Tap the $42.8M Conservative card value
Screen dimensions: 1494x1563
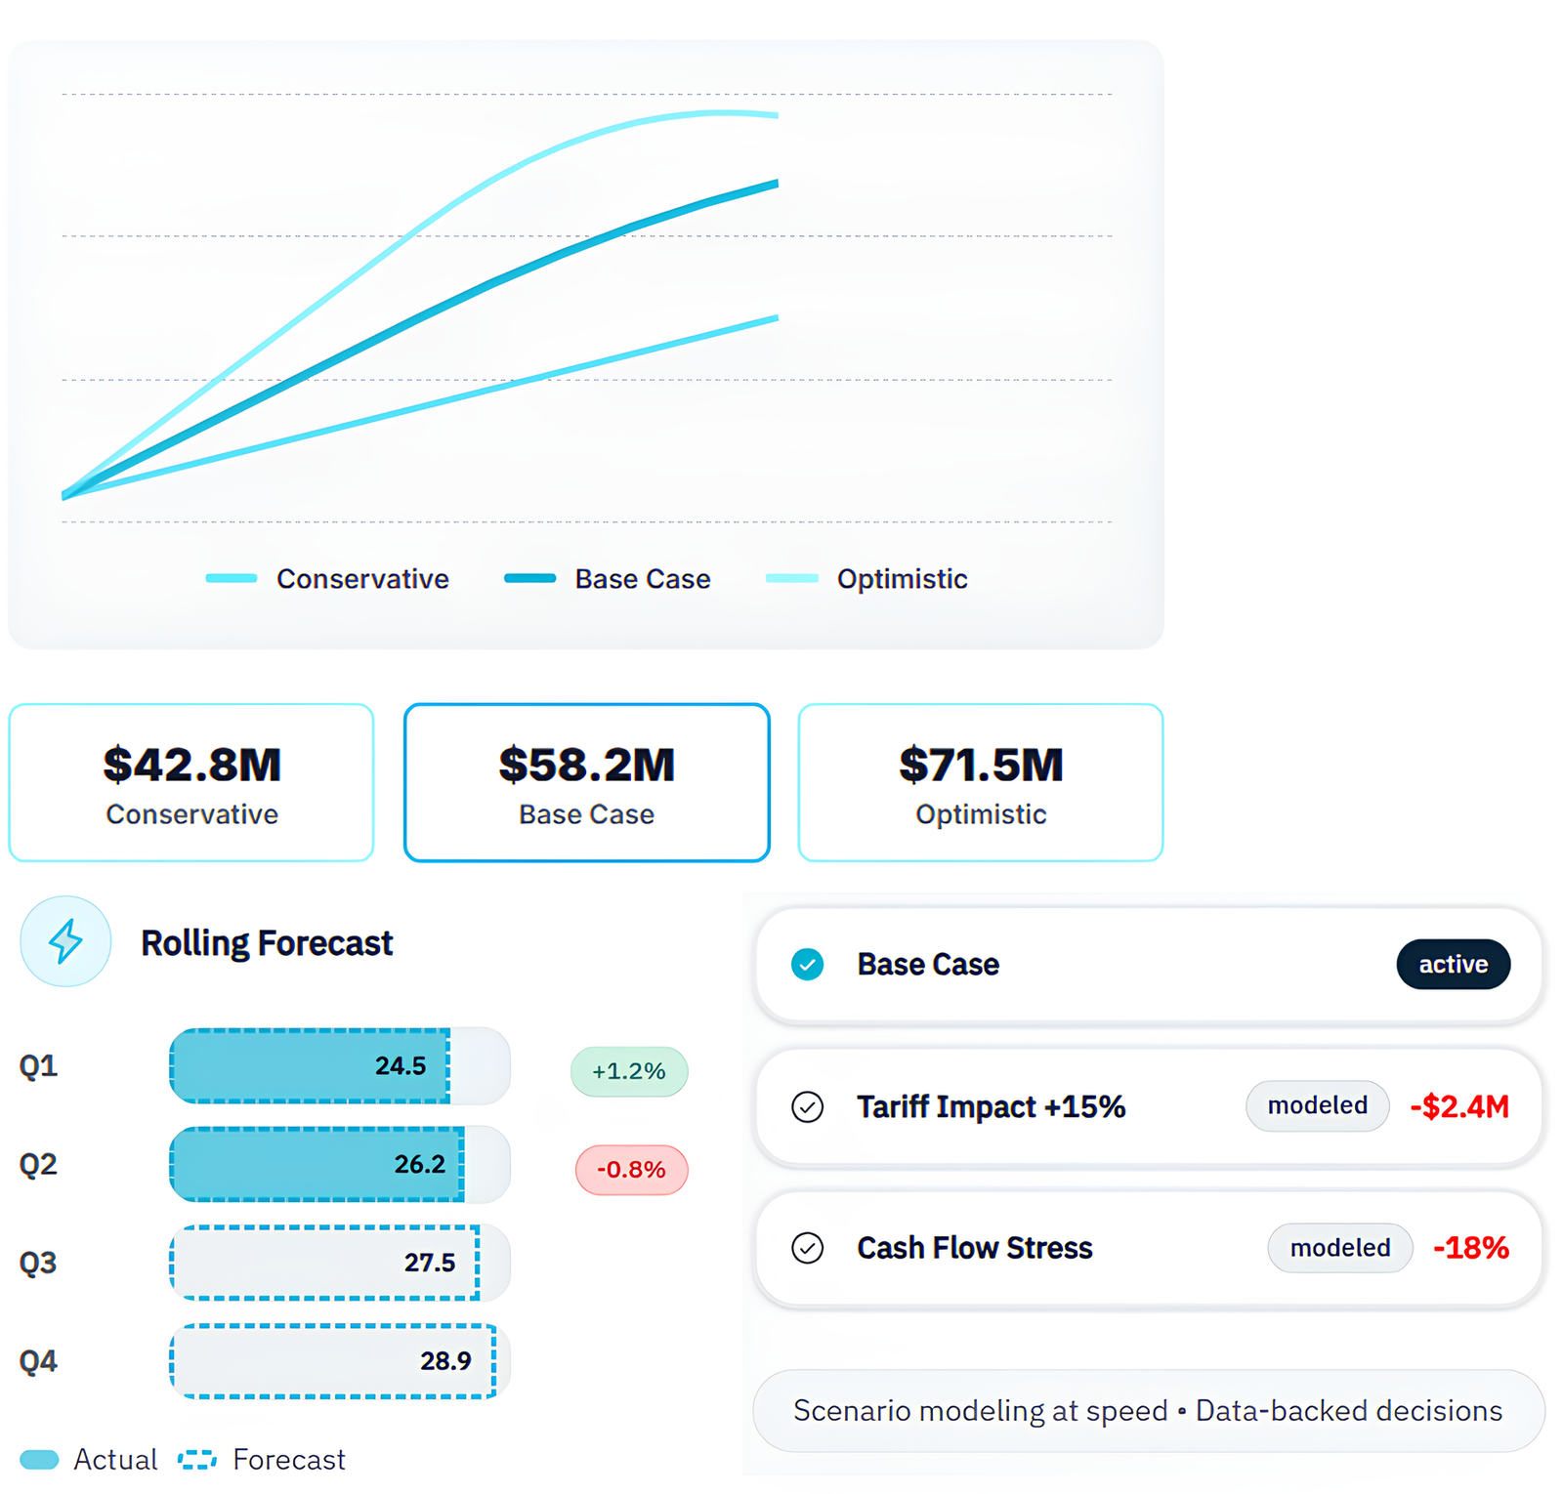[x=192, y=765]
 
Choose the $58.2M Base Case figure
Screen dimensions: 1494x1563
[x=586, y=765]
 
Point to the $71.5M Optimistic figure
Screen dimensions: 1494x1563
[x=981, y=765]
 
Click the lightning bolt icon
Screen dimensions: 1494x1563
[x=65, y=941]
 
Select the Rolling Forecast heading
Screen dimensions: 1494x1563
[x=267, y=943]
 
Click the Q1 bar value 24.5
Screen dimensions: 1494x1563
[x=401, y=1065]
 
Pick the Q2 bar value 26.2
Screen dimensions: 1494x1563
[x=420, y=1164]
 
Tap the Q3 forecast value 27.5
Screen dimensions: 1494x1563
[x=430, y=1263]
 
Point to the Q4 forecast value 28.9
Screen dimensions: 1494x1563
[x=445, y=1361]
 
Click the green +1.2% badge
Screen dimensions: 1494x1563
[x=629, y=1071]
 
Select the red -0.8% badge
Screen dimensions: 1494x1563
[x=631, y=1170]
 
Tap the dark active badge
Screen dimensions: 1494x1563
[x=1453, y=965]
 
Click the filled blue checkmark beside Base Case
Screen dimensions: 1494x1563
[x=807, y=965]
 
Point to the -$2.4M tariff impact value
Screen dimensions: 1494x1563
[x=1459, y=1106]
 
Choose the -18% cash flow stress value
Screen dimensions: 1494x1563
[x=1471, y=1248]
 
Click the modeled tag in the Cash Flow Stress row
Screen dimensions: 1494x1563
[x=1340, y=1248]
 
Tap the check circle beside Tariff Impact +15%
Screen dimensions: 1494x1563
[x=807, y=1107]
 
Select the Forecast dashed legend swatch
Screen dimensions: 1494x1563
[x=197, y=1460]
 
